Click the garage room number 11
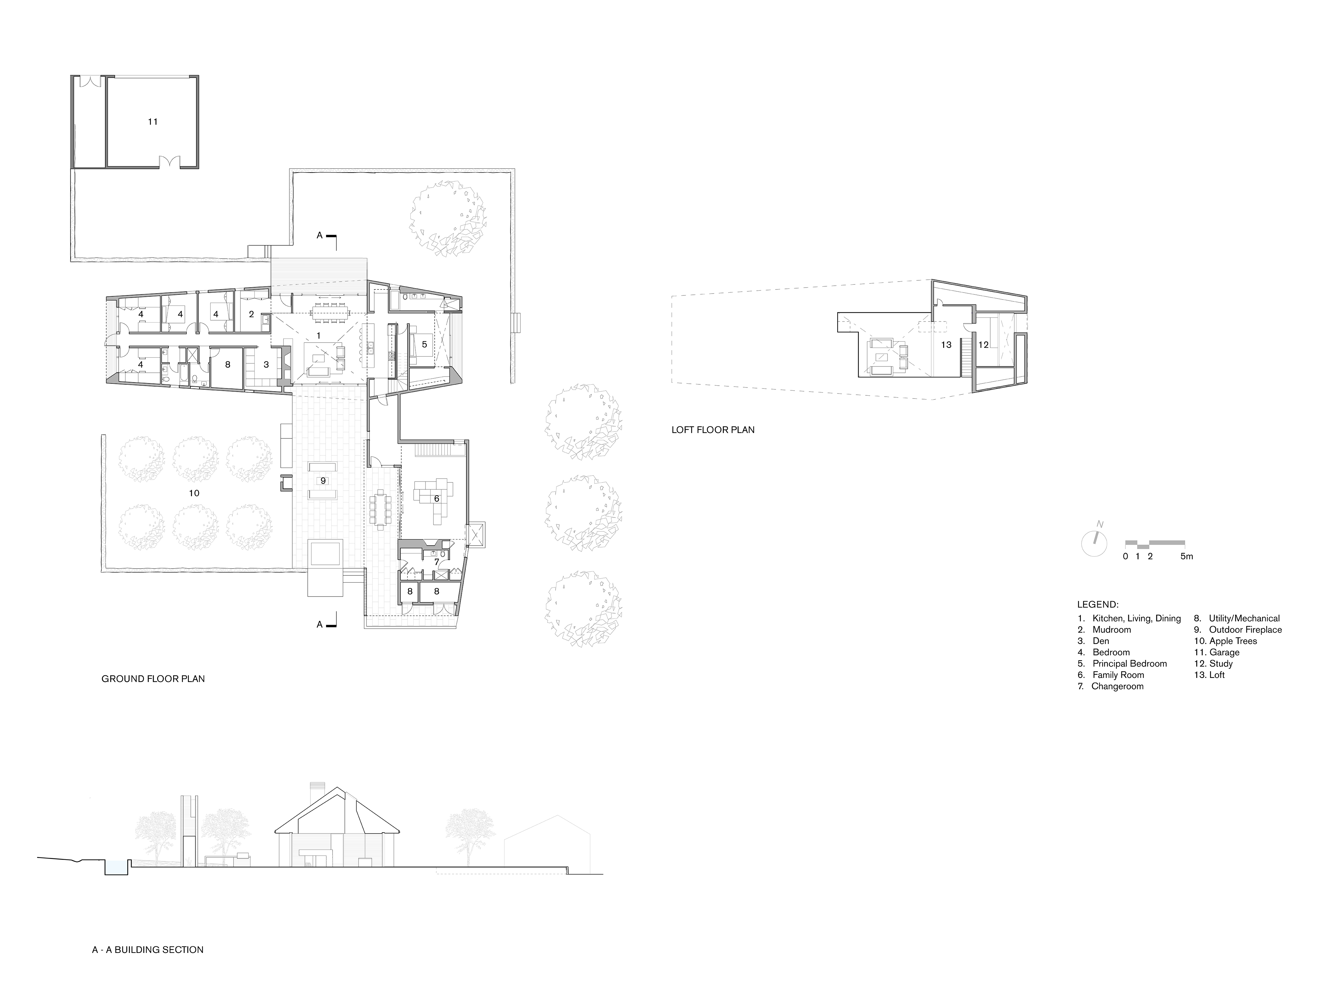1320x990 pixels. click(x=153, y=122)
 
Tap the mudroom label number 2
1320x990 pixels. click(x=251, y=315)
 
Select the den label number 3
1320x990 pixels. click(x=266, y=365)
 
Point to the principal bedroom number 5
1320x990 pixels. click(x=424, y=345)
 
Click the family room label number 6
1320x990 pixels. click(x=436, y=498)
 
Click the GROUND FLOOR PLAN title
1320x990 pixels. click(x=153, y=679)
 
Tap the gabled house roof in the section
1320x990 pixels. click(x=337, y=811)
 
